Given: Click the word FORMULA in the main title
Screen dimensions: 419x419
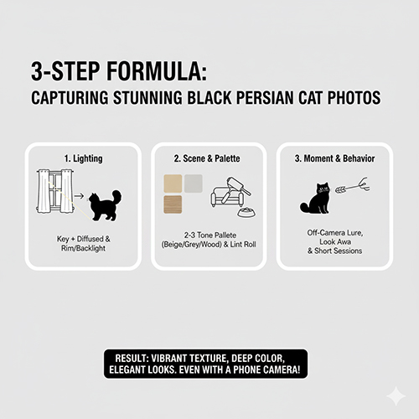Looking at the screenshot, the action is pyautogui.click(x=157, y=71).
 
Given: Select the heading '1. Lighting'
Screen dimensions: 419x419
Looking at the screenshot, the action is pyautogui.click(x=84, y=158).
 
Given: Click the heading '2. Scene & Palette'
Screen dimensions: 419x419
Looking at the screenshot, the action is pyautogui.click(x=207, y=158).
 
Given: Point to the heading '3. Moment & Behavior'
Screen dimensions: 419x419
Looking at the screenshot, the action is pyautogui.click(x=334, y=158).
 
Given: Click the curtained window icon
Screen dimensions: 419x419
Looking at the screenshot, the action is pyautogui.click(x=55, y=191).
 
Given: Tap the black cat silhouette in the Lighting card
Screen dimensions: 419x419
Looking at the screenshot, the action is pyautogui.click(x=105, y=205).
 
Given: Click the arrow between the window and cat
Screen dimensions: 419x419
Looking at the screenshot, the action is pyautogui.click(x=80, y=196).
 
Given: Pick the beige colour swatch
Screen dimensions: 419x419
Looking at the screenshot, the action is pyautogui.click(x=173, y=184).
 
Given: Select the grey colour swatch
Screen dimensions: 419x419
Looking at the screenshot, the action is pyautogui.click(x=194, y=184).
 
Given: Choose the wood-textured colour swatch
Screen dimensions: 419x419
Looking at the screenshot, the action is pyautogui.click(x=173, y=204).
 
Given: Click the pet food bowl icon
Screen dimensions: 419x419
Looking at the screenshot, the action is pyautogui.click(x=246, y=212).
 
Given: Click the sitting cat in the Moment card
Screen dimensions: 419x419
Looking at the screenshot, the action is pyautogui.click(x=316, y=199).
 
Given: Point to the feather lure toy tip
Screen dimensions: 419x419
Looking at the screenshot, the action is pyautogui.click(x=336, y=190).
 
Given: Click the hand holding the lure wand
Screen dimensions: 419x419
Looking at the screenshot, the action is pyautogui.click(x=365, y=184).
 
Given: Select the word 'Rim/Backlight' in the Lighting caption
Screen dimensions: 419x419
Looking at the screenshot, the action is pyautogui.click(x=83, y=248).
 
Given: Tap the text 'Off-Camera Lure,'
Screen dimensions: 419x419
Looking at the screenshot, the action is pyautogui.click(x=335, y=233).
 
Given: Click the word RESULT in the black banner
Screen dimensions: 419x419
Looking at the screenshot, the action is pyautogui.click(x=132, y=358).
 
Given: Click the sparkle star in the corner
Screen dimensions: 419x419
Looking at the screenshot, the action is pyautogui.click(x=396, y=396).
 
